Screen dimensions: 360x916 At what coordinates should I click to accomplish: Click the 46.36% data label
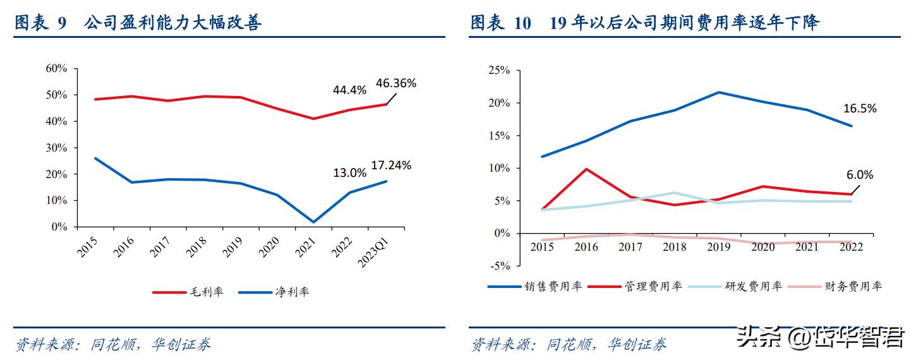pyautogui.click(x=396, y=83)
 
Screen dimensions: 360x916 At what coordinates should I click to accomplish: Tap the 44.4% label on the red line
pyautogui.click(x=349, y=90)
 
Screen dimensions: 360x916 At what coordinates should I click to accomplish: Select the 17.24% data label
pyautogui.click(x=391, y=165)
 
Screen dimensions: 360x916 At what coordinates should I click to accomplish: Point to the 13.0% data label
pyautogui.click(x=349, y=172)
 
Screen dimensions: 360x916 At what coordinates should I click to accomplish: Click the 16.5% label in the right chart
pyautogui.click(x=860, y=109)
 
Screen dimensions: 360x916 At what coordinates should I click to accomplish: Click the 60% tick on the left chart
pyautogui.click(x=56, y=68)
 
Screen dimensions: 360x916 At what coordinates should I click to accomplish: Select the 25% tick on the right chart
pyautogui.click(x=498, y=70)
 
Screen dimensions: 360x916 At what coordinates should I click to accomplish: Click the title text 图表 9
pyautogui.click(x=40, y=23)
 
